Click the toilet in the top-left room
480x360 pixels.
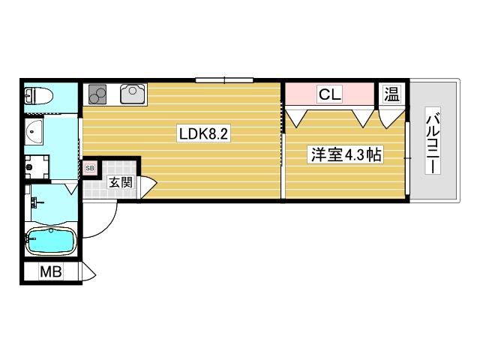coord(37,95)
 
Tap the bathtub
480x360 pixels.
coord(50,242)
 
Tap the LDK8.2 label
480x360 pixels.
coord(202,134)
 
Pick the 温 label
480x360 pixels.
coord(392,94)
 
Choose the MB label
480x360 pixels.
coord(51,272)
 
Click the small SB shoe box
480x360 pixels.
coord(90,168)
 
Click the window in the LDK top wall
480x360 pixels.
coord(224,79)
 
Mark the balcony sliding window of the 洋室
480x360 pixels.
coord(409,156)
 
